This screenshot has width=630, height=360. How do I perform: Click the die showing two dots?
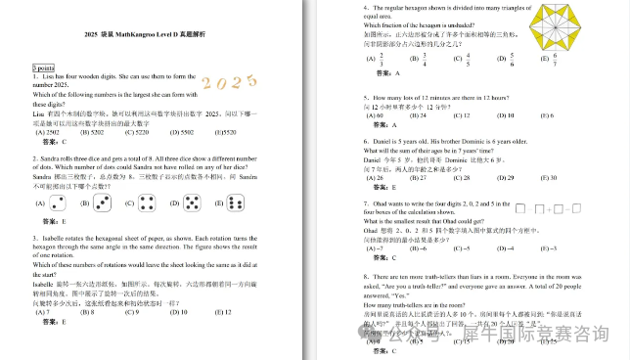tap(59, 203)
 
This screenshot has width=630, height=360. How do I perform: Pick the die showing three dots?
tap(104, 203)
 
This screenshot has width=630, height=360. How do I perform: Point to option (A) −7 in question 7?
tap(375, 247)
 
